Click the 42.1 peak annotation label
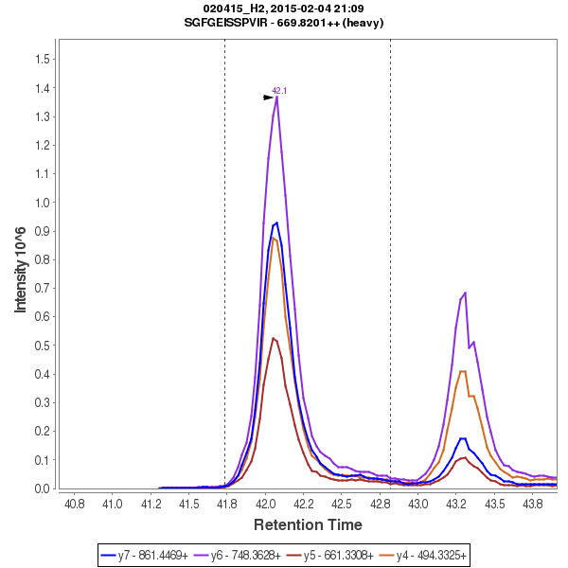coord(279,91)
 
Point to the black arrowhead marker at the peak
coord(269,98)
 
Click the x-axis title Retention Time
coord(307,524)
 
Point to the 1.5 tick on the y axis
coord(42,59)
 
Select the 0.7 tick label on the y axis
coord(42,289)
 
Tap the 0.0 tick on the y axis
coord(42,489)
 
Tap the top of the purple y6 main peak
coord(276,97)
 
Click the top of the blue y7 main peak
coord(275,222)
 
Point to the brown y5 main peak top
coord(273,338)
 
